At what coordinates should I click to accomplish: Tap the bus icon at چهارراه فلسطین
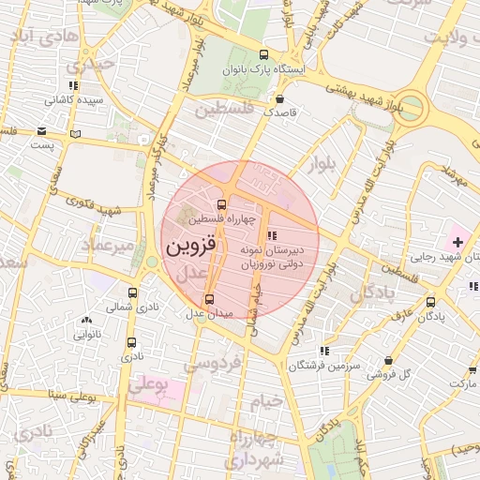pyautogui.click(x=221, y=204)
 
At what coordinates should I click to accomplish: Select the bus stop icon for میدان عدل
pyautogui.click(x=208, y=299)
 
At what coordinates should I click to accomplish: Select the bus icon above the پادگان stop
pyautogui.click(x=431, y=302)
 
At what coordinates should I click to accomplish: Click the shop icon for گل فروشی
pyautogui.click(x=388, y=360)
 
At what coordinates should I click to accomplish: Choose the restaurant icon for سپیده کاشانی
pyautogui.click(x=73, y=85)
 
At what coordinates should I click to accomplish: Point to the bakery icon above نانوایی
pyautogui.click(x=85, y=321)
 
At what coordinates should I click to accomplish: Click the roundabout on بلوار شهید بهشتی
pyautogui.click(x=410, y=105)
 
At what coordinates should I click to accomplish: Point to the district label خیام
pyautogui.click(x=265, y=401)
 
